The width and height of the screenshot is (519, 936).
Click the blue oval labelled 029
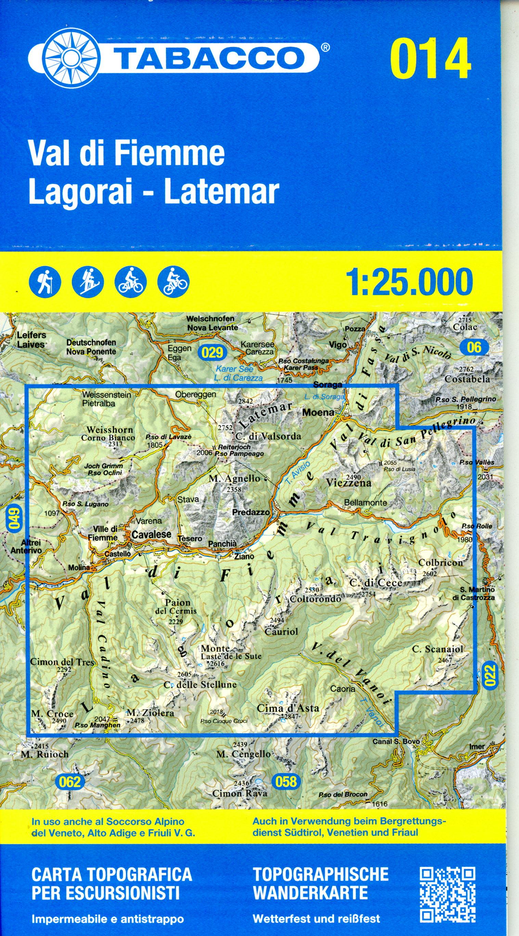click(212, 352)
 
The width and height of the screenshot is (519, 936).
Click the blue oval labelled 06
click(474, 347)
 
